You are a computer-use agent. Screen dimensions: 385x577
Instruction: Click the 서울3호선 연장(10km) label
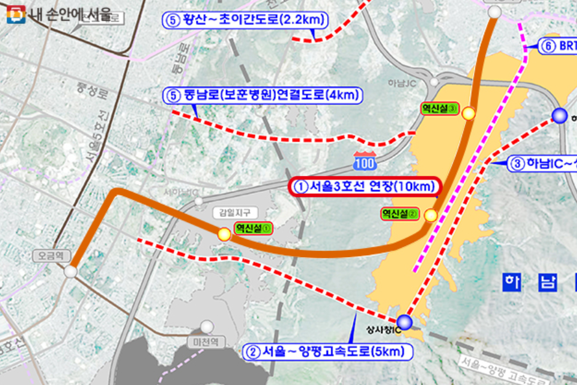365,186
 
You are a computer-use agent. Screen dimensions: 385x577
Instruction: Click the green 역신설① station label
253,228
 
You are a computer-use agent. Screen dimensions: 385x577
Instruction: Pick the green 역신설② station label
400,214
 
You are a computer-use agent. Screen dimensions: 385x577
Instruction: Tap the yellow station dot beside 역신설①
224,234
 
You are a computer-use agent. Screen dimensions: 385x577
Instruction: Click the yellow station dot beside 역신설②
431,215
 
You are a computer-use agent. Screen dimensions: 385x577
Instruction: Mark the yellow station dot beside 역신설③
469,113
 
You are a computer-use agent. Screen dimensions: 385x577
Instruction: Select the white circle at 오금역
71,271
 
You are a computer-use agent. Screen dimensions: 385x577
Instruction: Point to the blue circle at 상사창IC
404,322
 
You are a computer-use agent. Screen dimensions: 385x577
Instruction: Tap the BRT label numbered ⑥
557,46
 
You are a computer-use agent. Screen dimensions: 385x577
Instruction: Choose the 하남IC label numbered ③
542,164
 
